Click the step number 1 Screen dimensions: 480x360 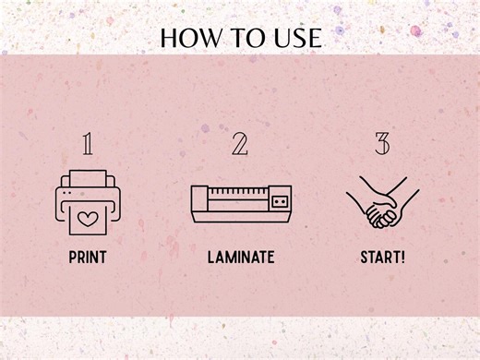pos(88,144)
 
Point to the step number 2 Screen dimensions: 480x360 pos(240,144)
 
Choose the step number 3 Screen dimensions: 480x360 pos(382,144)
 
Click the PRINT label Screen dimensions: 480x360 pos(88,258)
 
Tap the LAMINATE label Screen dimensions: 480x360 pos(241,258)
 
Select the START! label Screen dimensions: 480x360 pos(382,258)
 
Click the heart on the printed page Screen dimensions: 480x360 pos(88,219)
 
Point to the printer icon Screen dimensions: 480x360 pos(88,202)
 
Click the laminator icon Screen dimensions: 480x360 pos(241,204)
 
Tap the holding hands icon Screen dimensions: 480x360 pos(382,202)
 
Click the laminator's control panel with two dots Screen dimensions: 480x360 pos(280,201)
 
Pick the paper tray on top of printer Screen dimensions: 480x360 pos(88,178)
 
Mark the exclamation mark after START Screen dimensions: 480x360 pos(402,258)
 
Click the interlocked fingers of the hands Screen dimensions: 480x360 pos(381,216)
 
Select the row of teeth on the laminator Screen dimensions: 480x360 pos(237,191)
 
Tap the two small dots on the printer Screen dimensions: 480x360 pos(66,193)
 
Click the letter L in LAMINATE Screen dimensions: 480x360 pos(211,258)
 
